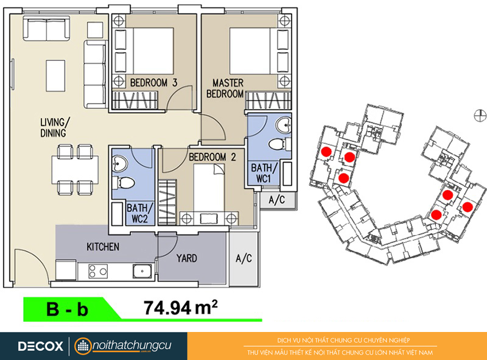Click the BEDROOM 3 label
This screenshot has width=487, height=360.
click(x=154, y=83)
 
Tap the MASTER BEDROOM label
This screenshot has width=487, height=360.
click(x=225, y=88)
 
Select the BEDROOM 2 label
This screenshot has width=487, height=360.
click(x=212, y=157)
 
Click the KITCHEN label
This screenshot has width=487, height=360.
click(x=103, y=247)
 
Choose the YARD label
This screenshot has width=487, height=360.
click(x=187, y=258)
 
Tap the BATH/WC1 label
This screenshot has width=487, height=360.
click(x=264, y=173)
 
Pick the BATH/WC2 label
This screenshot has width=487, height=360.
click(x=140, y=213)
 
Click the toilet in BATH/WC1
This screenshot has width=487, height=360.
click(x=278, y=144)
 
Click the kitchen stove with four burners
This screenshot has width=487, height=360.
click(x=98, y=271)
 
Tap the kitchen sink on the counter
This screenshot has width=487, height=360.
click(x=142, y=271)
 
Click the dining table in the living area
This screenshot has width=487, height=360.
click(x=75, y=170)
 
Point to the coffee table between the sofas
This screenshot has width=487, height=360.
click(x=55, y=76)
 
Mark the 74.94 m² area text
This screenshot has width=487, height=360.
click(x=180, y=308)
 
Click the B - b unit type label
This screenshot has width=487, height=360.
click(x=67, y=309)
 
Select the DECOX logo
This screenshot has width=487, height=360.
click(x=40, y=347)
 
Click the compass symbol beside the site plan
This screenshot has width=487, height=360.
click(x=480, y=116)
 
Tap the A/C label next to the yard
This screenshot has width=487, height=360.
click(x=244, y=258)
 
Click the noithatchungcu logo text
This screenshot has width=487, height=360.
click(x=132, y=345)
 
